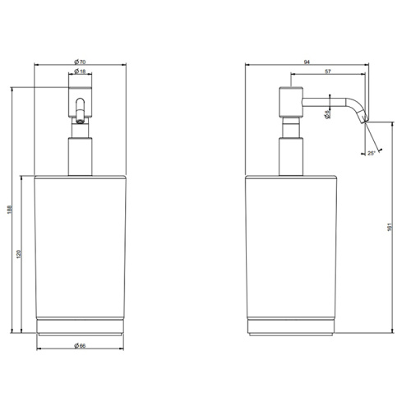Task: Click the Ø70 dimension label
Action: coord(79,62)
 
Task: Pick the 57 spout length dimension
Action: coord(329,73)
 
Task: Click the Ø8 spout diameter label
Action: coord(327,116)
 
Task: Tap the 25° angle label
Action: coord(372,153)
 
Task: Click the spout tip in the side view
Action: coord(365,120)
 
